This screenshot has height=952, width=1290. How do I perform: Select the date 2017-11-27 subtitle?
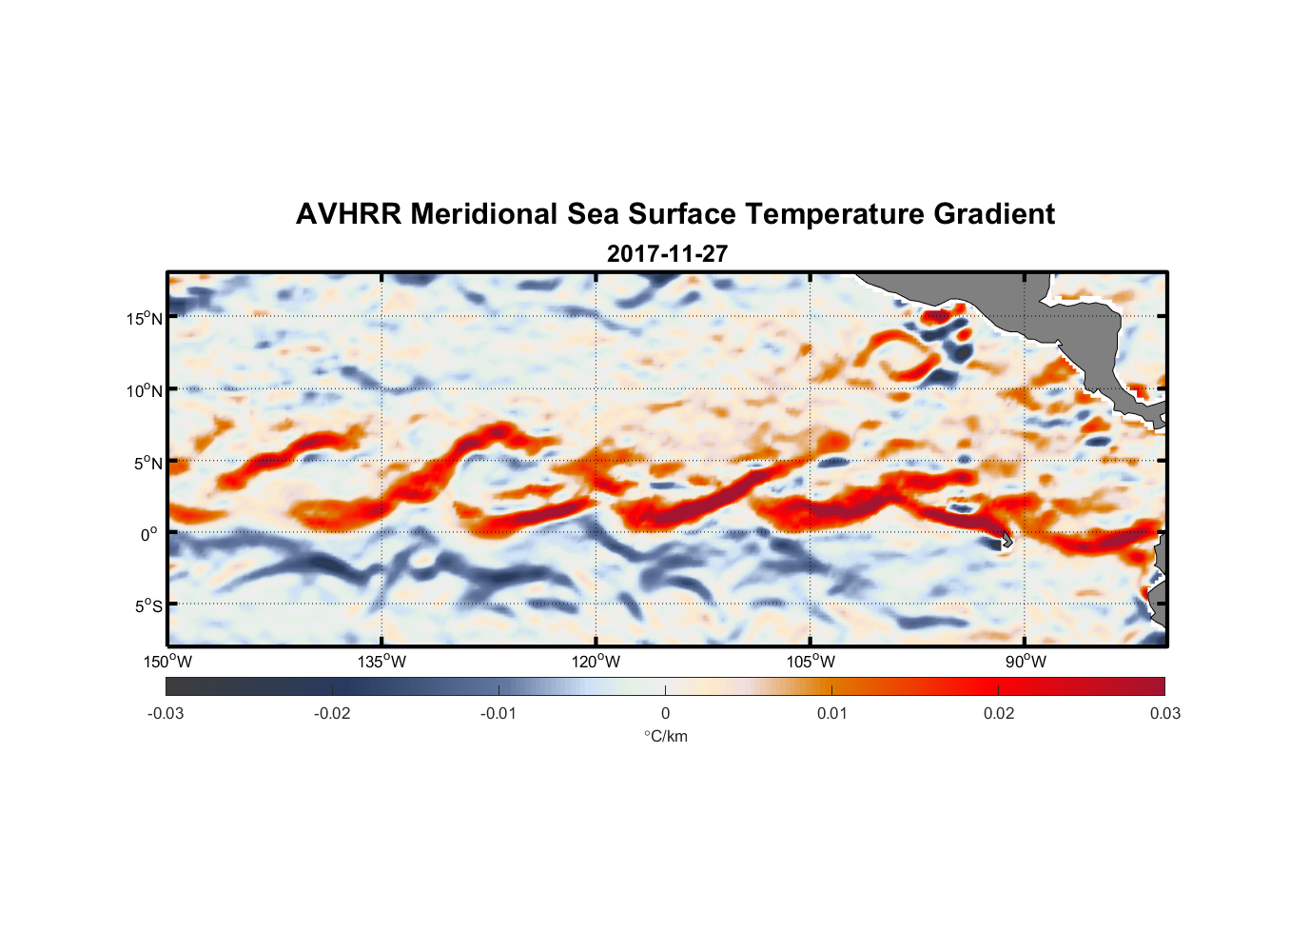(667, 254)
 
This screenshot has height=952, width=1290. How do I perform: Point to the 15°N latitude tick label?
(145, 318)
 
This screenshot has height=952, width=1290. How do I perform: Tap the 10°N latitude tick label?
(145, 390)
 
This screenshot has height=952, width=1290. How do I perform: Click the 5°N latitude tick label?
(147, 463)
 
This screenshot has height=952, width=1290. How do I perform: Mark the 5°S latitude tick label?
(147, 605)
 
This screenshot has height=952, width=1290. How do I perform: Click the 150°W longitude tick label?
(168, 662)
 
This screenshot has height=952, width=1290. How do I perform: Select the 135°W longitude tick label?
(382, 662)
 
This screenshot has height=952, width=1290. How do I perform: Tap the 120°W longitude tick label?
(596, 662)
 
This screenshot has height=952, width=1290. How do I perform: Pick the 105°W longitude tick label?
(811, 662)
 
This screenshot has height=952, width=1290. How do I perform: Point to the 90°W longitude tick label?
(1026, 662)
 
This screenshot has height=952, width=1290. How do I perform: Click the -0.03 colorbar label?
(166, 714)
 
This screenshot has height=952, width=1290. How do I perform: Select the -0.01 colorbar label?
(498, 714)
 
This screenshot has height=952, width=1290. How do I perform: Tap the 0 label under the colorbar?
(665, 714)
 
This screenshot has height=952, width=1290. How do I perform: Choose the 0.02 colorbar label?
(999, 714)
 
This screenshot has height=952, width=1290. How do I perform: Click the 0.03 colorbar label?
(1164, 714)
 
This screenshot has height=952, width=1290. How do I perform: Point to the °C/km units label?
(666, 736)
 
